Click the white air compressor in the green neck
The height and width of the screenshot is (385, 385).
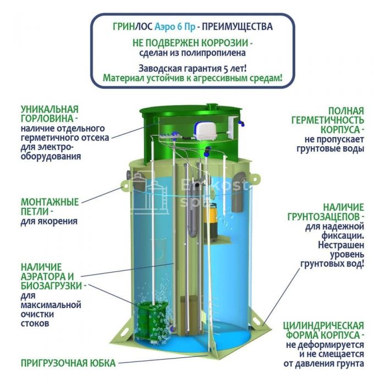tap(204, 131)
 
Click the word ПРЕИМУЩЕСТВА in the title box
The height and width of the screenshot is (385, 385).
tap(237, 26)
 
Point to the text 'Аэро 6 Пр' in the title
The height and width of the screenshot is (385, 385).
tap(175, 26)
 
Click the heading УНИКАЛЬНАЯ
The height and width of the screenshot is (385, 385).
tap(50, 109)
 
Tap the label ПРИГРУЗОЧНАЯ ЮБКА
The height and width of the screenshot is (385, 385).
tap(68, 363)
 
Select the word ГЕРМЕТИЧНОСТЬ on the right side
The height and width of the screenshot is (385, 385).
tap(328, 120)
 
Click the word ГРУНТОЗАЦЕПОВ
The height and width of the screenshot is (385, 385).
tap(323, 217)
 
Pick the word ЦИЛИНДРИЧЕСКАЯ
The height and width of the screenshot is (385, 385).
tap(323, 326)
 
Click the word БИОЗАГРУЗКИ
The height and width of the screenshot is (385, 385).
tap(51, 286)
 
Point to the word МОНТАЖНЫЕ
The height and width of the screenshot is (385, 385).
tap(50, 202)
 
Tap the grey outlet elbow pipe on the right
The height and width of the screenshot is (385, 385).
tap(239, 192)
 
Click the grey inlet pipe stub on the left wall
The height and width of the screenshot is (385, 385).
tap(129, 175)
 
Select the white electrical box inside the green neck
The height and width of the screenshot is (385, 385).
tap(232, 126)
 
